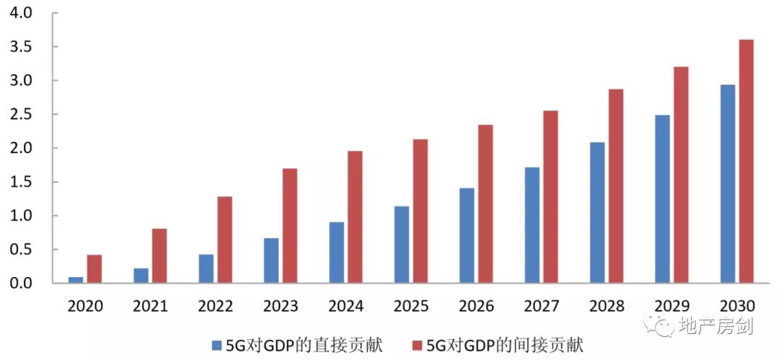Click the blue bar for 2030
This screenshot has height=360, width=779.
[x=728, y=183]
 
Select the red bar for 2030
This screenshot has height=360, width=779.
[x=747, y=161]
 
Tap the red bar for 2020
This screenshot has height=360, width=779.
[x=94, y=268]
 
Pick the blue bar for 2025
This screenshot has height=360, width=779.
[x=402, y=245]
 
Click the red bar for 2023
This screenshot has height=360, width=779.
[x=290, y=225]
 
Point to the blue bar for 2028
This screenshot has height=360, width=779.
[x=597, y=212]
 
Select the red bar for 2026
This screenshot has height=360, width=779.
[x=485, y=203]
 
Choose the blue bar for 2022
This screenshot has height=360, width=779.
[x=206, y=268]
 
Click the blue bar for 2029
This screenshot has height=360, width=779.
[x=662, y=198]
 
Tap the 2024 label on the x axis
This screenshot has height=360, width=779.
[x=346, y=306]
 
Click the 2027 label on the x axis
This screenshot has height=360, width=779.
[x=542, y=306]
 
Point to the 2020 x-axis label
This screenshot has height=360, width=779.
[x=85, y=306]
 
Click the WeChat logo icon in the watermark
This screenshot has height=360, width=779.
[x=661, y=326]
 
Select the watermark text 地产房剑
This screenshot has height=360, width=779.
[x=718, y=327]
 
